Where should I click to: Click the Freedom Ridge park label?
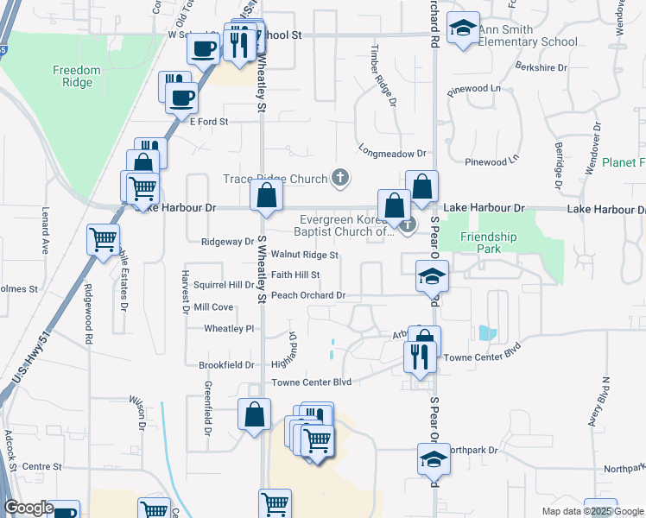coord(76,76)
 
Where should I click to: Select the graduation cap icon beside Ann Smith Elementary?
coord(464,30)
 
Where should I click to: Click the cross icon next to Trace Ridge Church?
coord(340,179)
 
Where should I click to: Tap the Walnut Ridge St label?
coord(304,256)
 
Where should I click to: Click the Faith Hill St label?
coord(295,275)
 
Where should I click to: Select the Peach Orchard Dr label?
coord(308,295)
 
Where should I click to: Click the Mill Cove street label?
coord(213,307)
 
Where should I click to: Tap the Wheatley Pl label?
coord(228,329)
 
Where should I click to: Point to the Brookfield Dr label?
coord(226,365)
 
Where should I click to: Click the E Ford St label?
coord(208,122)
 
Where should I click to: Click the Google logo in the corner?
coord(28,508)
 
